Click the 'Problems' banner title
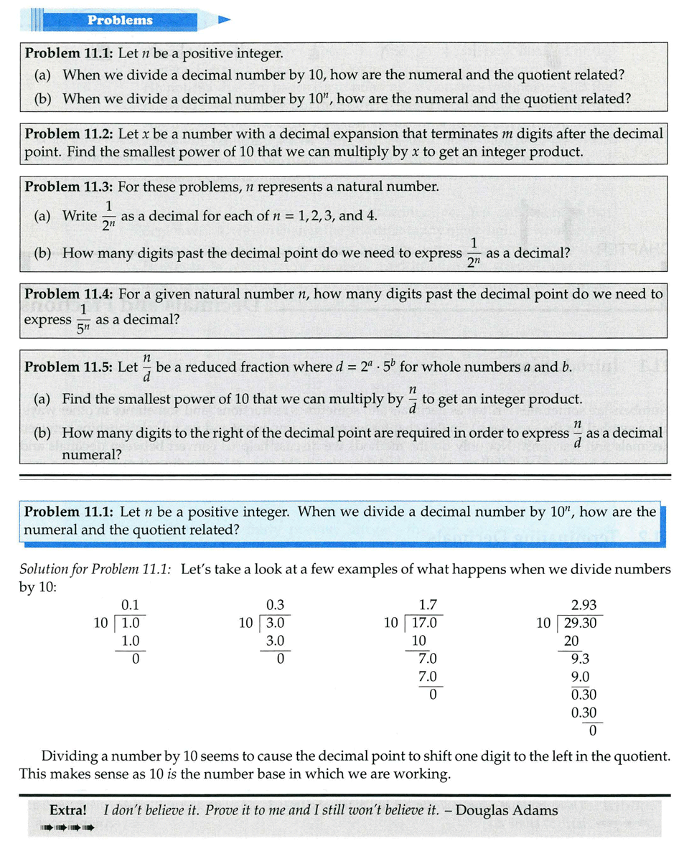coord(120,20)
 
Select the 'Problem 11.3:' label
coord(69,187)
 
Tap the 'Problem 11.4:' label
coord(69,293)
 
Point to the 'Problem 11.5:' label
coord(69,367)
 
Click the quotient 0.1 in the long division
coord(130,605)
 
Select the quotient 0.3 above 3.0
coord(275,605)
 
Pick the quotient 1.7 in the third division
coord(428,605)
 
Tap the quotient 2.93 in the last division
coord(583,605)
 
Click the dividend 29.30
coord(581,623)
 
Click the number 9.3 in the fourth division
coord(580,658)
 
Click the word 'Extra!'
coord(68,810)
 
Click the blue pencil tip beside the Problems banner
coord(224,20)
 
